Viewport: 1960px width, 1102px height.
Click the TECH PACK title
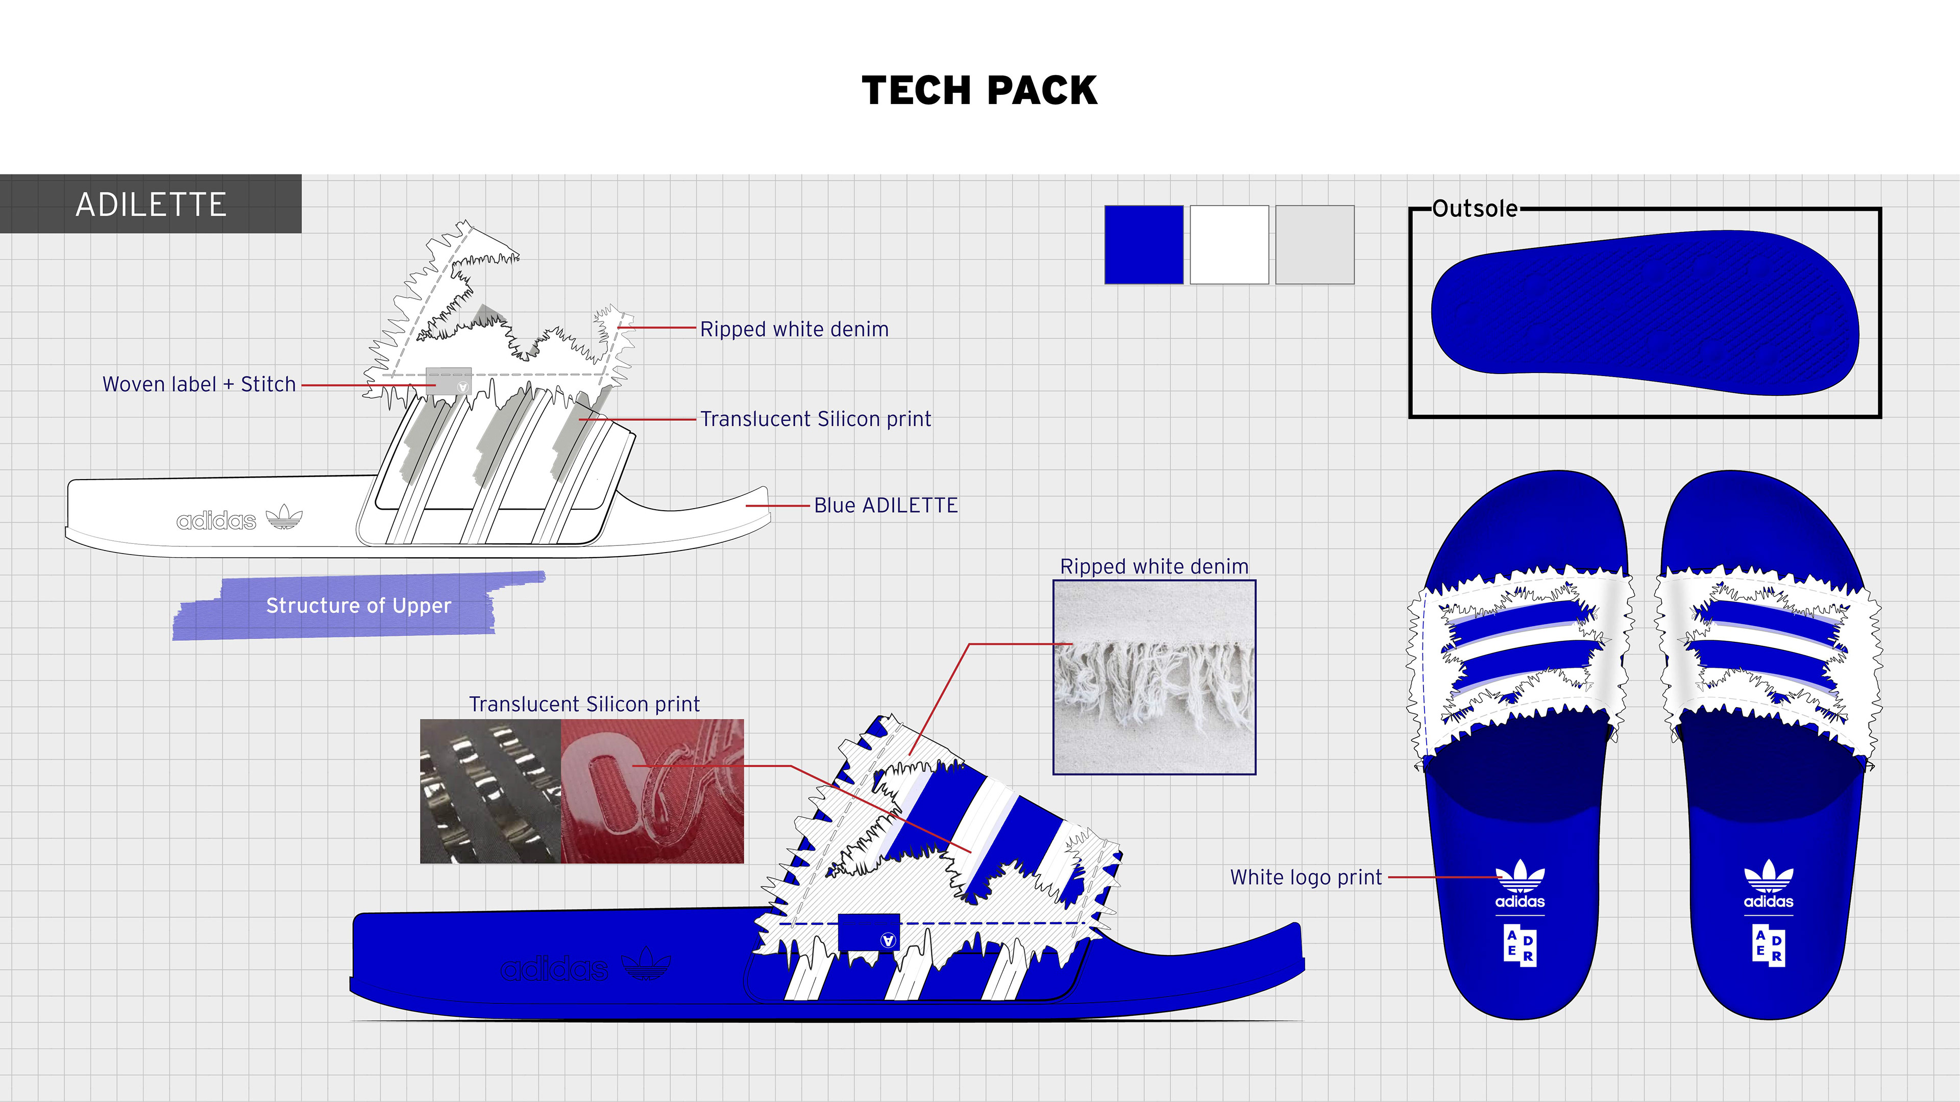[979, 90]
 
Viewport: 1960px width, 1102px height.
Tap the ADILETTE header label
[151, 205]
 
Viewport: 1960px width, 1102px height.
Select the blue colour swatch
[1143, 245]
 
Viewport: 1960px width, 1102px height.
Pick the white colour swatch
[1229, 245]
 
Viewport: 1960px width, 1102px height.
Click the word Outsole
[1475, 208]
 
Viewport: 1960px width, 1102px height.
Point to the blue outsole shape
[1645, 313]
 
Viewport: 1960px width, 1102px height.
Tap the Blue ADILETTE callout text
[886, 505]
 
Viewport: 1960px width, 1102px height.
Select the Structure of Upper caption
[358, 606]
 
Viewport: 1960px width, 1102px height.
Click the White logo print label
[1306, 877]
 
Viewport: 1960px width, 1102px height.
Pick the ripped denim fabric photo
[1154, 677]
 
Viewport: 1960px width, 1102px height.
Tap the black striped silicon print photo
[491, 791]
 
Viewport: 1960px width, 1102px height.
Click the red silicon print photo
[652, 791]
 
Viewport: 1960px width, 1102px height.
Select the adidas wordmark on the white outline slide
[216, 521]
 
